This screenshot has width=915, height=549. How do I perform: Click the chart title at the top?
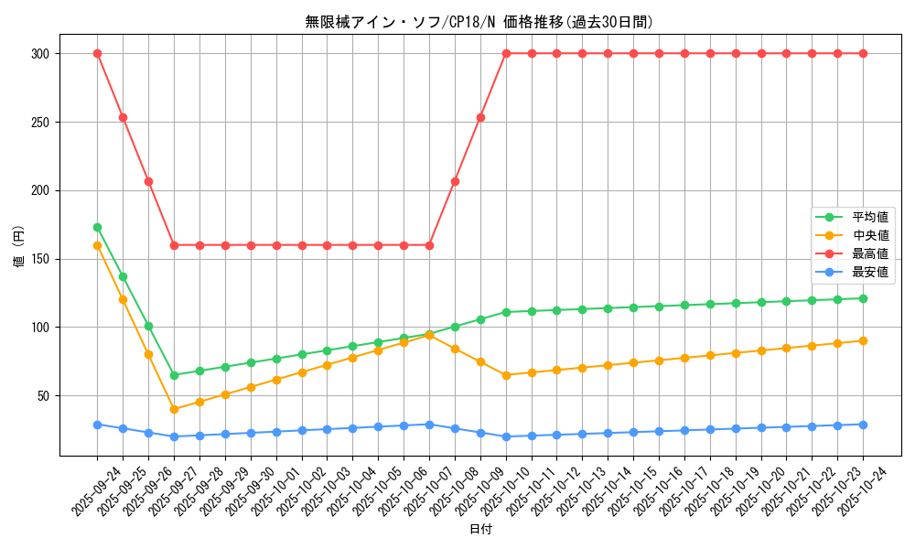click(479, 22)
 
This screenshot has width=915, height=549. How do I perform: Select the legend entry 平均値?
click(869, 217)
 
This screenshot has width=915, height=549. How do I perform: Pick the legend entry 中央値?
click(869, 235)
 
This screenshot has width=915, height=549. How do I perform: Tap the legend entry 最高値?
click(869, 253)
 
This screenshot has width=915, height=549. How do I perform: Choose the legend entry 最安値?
click(869, 272)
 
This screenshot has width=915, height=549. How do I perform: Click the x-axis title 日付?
click(480, 530)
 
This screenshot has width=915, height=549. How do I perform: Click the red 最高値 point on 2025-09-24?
click(97, 53)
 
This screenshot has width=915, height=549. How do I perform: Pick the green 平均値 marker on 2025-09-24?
click(97, 227)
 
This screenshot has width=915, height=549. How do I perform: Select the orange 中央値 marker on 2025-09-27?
click(174, 409)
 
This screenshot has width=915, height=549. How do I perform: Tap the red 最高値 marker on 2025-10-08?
click(455, 181)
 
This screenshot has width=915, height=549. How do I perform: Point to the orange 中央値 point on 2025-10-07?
click(429, 335)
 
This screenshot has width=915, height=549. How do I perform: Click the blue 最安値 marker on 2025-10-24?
click(863, 425)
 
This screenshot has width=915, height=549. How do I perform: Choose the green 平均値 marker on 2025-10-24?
click(863, 298)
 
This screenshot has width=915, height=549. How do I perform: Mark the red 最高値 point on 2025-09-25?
click(123, 117)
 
